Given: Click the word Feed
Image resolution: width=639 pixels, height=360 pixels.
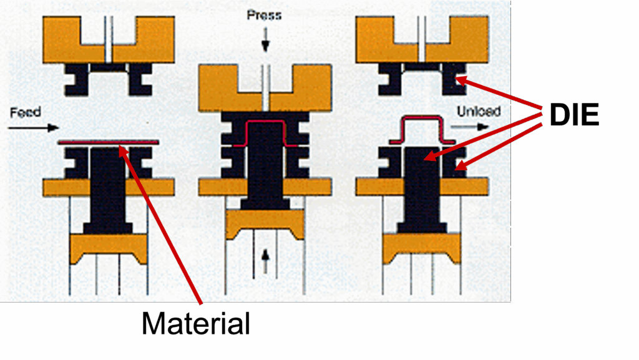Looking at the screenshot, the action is [x=25, y=112].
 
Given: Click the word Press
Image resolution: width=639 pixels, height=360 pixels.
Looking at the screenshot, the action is [x=264, y=16].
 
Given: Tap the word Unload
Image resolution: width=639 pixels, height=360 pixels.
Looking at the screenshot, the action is [x=479, y=111].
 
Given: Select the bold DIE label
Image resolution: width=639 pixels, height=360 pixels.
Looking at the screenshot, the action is [x=574, y=115].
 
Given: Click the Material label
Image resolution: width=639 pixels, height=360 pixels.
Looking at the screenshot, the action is [x=196, y=323].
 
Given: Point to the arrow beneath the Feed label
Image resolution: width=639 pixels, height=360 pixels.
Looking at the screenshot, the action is [x=34, y=128].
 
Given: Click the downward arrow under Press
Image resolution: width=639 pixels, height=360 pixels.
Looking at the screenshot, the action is [x=265, y=39].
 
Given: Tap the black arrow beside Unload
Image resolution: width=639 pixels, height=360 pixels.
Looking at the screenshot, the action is [x=469, y=127].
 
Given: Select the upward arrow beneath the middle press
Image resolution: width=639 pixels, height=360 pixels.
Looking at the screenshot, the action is [x=265, y=261].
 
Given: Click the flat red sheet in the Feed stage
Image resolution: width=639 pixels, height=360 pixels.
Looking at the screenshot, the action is [x=108, y=142].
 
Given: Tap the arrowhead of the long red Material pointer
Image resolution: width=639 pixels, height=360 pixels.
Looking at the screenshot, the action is [x=122, y=150].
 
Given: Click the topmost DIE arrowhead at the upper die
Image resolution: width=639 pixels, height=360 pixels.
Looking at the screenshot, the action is [x=460, y=80].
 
